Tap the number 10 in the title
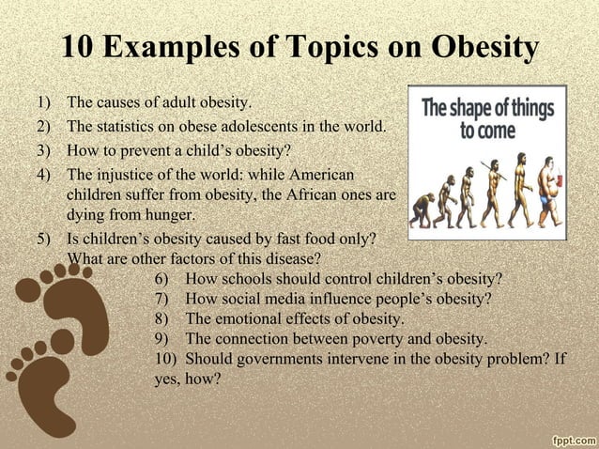click(77, 46)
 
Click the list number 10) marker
click(165, 360)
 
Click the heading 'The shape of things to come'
click(486, 116)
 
